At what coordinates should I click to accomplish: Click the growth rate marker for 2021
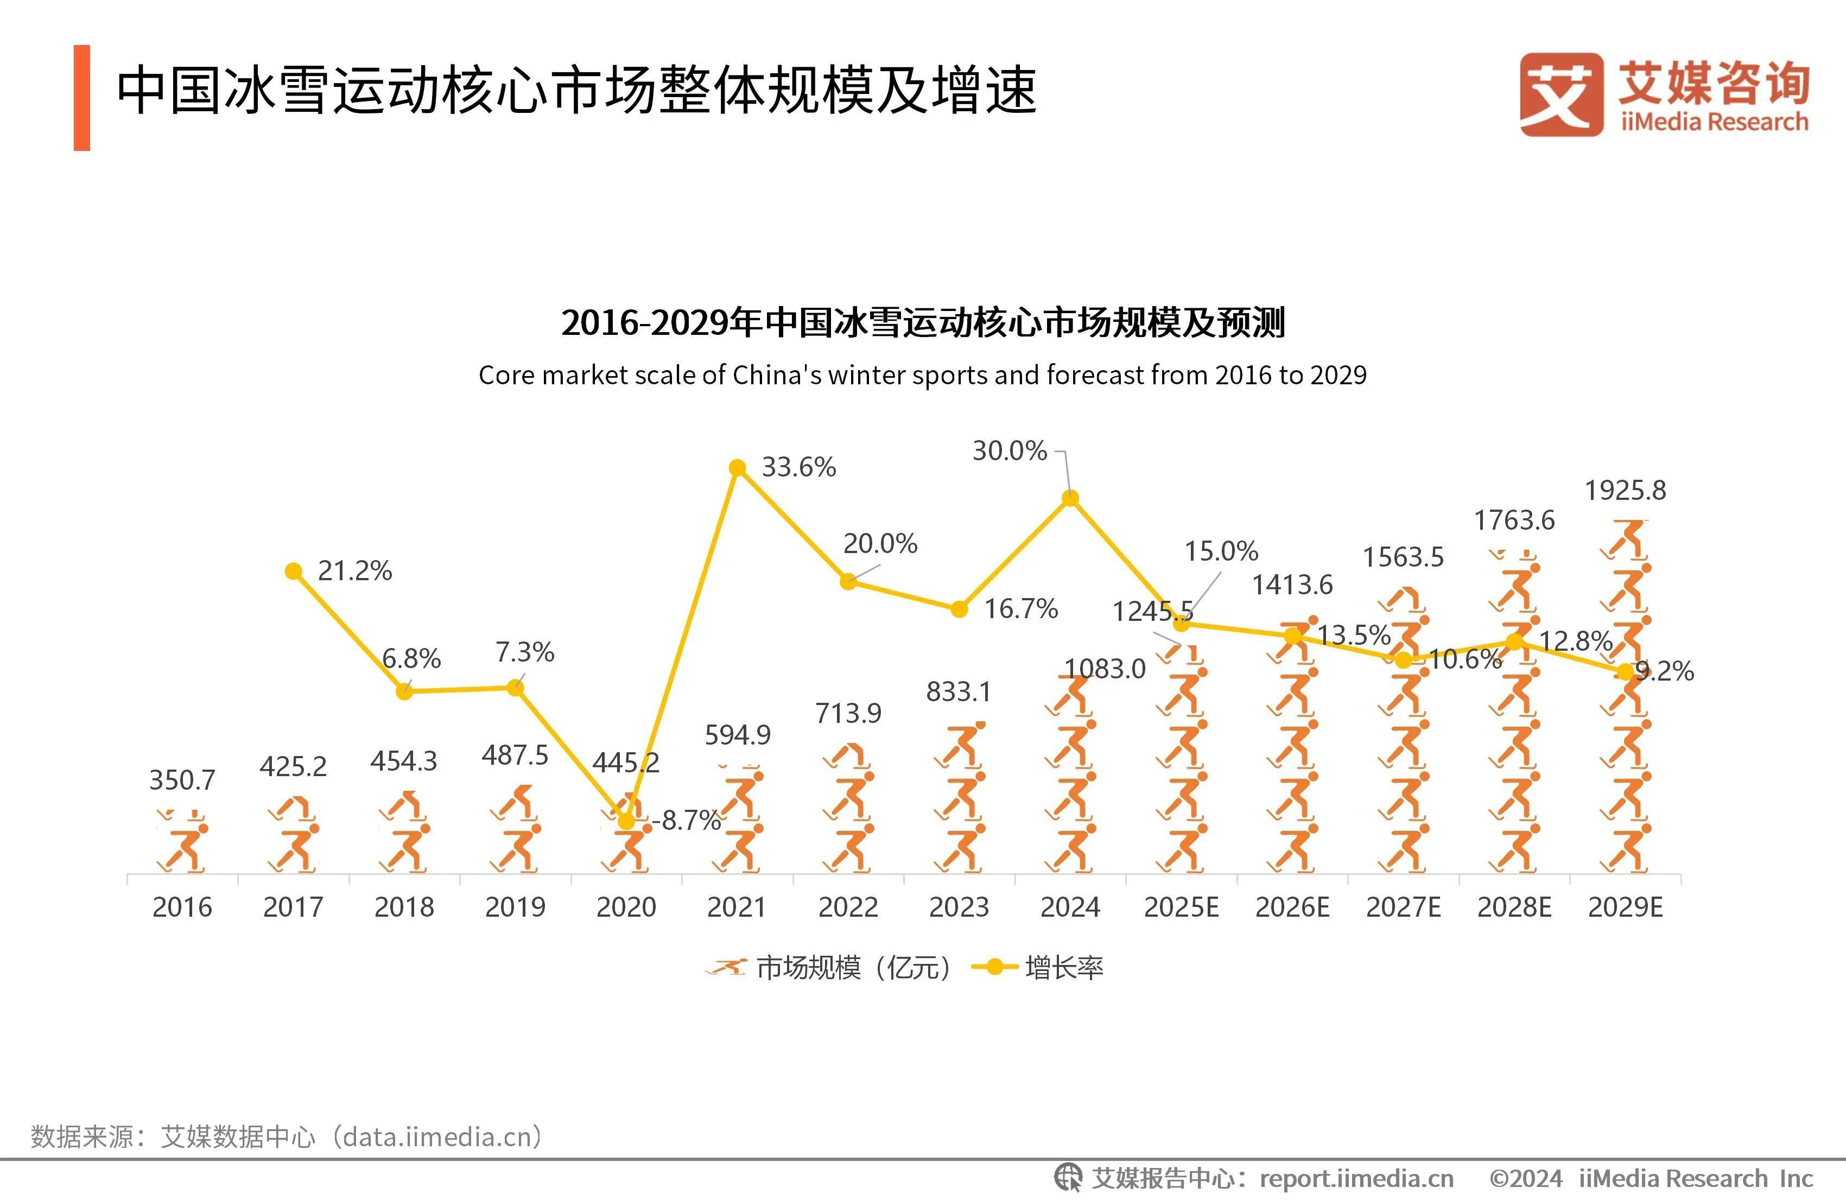pyautogui.click(x=738, y=468)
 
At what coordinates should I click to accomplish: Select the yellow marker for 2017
pyautogui.click(x=293, y=572)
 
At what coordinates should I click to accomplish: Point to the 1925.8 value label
pyautogui.click(x=1625, y=490)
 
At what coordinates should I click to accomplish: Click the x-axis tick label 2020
pyautogui.click(x=626, y=907)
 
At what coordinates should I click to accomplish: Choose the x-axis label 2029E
pyautogui.click(x=1625, y=907)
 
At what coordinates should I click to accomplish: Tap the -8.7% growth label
pyautogui.click(x=687, y=820)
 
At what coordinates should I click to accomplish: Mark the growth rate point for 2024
pyautogui.click(x=1070, y=498)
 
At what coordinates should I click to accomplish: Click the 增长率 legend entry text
pyautogui.click(x=1063, y=967)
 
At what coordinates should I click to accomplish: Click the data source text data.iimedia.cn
pyautogui.click(x=441, y=1136)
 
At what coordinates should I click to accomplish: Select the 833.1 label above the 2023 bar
pyautogui.click(x=959, y=691)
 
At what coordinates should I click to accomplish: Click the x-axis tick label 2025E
pyautogui.click(x=1181, y=907)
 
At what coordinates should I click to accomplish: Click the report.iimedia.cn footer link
pyautogui.click(x=1356, y=1178)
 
